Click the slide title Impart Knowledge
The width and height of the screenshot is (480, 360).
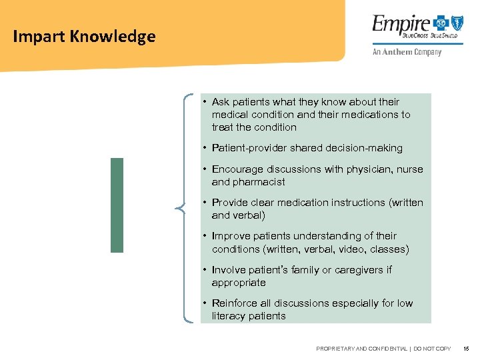coord(84,37)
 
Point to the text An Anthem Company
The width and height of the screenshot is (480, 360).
coord(407,52)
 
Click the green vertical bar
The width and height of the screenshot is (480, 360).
coord(117,205)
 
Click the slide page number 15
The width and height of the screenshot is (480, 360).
coord(466,349)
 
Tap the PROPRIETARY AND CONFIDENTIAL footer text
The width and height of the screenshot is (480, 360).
coord(383,349)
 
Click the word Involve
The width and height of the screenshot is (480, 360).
coord(229,270)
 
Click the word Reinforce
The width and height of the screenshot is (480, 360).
coord(235,303)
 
